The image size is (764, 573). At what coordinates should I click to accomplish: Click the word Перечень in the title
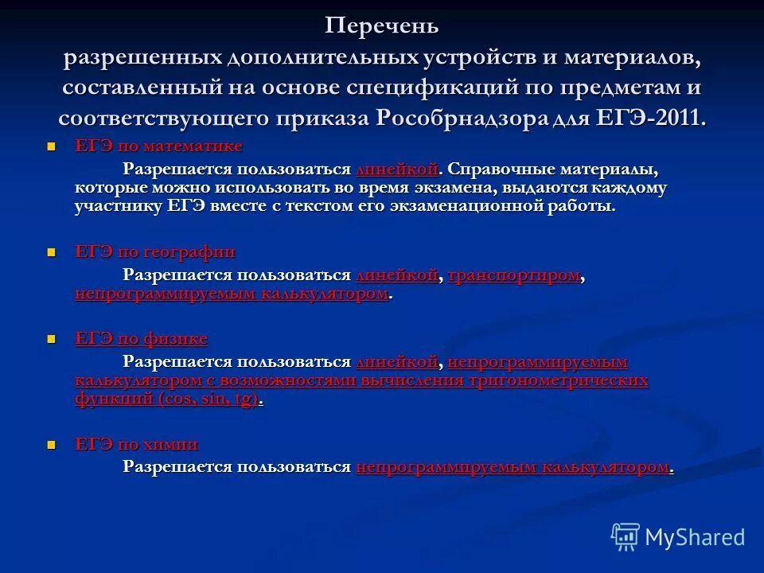coord(381,26)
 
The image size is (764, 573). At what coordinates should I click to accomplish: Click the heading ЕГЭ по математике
coord(158,146)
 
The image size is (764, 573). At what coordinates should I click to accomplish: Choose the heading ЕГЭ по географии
coord(155,252)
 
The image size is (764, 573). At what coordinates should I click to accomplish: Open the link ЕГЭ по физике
coord(141,339)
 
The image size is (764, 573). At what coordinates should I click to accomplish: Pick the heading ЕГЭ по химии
coord(136,444)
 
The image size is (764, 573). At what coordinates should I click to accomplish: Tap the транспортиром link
coord(514,275)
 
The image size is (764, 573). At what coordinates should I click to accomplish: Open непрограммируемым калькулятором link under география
coord(232,294)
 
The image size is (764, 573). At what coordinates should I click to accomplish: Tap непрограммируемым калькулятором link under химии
coord(513,467)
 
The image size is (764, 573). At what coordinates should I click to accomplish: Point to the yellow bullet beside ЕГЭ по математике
coord(53,147)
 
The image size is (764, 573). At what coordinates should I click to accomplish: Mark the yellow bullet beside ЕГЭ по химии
coord(53,445)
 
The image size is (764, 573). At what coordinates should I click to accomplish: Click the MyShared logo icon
coord(626,536)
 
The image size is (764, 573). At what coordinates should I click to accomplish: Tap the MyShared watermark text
coord(695,537)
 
